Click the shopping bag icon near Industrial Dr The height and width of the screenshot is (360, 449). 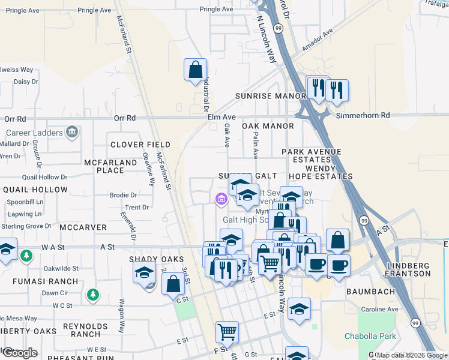click(x=196, y=70)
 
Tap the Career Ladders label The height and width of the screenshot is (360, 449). click(x=34, y=133)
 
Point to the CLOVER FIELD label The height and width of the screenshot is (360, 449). click(x=140, y=145)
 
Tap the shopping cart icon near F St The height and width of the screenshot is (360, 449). click(x=227, y=331)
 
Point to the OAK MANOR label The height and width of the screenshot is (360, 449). click(x=268, y=127)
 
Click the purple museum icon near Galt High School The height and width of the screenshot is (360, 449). click(x=221, y=199)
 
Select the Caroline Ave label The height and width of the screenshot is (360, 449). click(x=379, y=310)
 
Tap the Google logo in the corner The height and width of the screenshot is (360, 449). click(x=20, y=353)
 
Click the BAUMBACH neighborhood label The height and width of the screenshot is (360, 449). click(x=370, y=292)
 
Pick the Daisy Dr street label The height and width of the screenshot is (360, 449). click(x=26, y=82)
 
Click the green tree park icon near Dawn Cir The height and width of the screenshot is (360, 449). click(x=92, y=295)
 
